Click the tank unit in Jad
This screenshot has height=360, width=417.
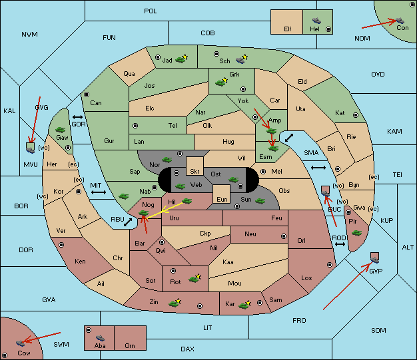(x=181, y=59)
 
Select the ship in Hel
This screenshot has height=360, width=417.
(x=316, y=21)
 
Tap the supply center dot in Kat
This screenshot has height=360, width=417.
(x=356, y=115)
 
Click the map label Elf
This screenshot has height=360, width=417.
(x=288, y=29)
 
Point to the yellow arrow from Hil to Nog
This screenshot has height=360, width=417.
(x=164, y=211)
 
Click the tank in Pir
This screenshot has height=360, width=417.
(x=356, y=233)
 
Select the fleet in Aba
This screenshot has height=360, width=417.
(x=100, y=338)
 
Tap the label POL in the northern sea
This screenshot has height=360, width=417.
(x=151, y=11)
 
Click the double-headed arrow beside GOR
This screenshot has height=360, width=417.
(x=77, y=117)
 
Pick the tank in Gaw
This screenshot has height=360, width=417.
(x=61, y=130)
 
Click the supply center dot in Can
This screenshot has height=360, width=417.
(x=87, y=94)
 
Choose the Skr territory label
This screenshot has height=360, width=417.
(x=195, y=172)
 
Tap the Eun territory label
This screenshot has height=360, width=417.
(x=222, y=199)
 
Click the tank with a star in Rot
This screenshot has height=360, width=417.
(x=195, y=278)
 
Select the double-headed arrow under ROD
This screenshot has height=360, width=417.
(x=340, y=244)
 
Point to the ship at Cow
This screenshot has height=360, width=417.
(x=20, y=343)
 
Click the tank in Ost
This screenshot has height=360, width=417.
(x=234, y=180)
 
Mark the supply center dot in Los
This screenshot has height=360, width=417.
(x=330, y=265)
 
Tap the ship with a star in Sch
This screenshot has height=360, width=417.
(x=242, y=59)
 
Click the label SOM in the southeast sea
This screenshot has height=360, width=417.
(x=378, y=331)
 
